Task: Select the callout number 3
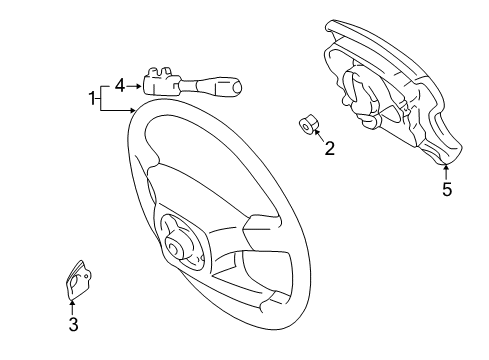pyautogui.click(x=73, y=323)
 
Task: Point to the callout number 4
pyautogui.click(x=119, y=86)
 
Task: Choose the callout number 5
pyautogui.click(x=447, y=187)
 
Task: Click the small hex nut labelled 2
pyautogui.click(x=309, y=125)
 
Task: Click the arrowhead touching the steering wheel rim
pyautogui.click(x=130, y=116)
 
